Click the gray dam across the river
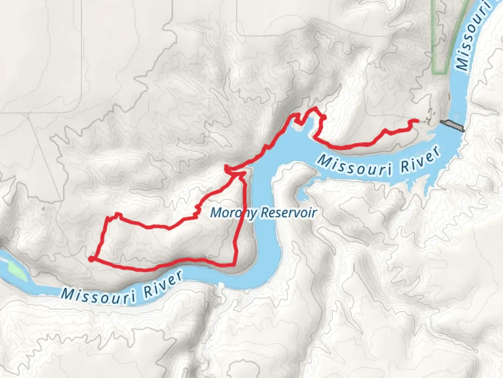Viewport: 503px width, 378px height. tap(453, 125)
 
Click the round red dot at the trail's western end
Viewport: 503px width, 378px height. tap(91, 259)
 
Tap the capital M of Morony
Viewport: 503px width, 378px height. tap(216, 212)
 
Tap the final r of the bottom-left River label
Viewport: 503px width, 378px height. tap(179, 275)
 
